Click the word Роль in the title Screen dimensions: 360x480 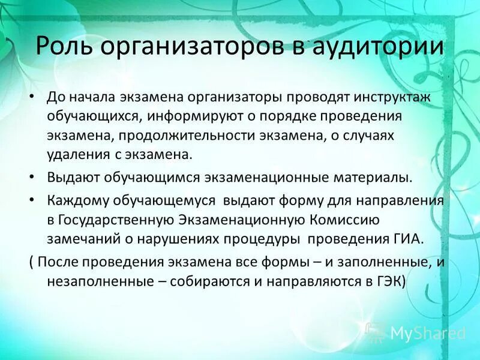point(62,47)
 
